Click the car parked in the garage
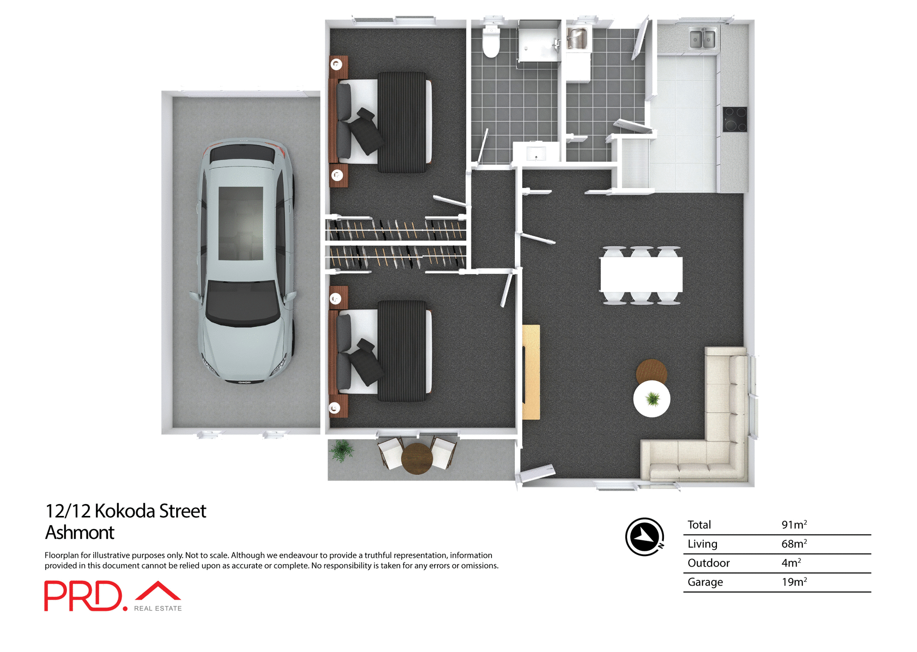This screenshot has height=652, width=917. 245,260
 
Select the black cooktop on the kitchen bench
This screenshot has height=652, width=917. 735,119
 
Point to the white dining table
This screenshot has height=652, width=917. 641,274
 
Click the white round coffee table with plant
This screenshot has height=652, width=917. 651,399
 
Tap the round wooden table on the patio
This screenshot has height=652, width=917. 417,458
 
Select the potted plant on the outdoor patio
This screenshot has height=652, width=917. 341,450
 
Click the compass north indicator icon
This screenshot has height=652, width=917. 644,537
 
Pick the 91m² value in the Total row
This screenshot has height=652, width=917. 794,525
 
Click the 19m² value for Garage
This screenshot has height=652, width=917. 794,582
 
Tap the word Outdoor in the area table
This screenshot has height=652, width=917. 708,563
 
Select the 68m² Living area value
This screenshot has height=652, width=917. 794,544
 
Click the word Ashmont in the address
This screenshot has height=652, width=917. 80,532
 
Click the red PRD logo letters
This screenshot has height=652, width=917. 84,596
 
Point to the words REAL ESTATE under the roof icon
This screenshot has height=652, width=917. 158,609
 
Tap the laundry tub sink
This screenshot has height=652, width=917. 577,38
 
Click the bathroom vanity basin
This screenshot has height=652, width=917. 536,153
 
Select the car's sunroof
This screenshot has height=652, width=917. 241,223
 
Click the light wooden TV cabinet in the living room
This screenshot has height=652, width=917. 531,372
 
